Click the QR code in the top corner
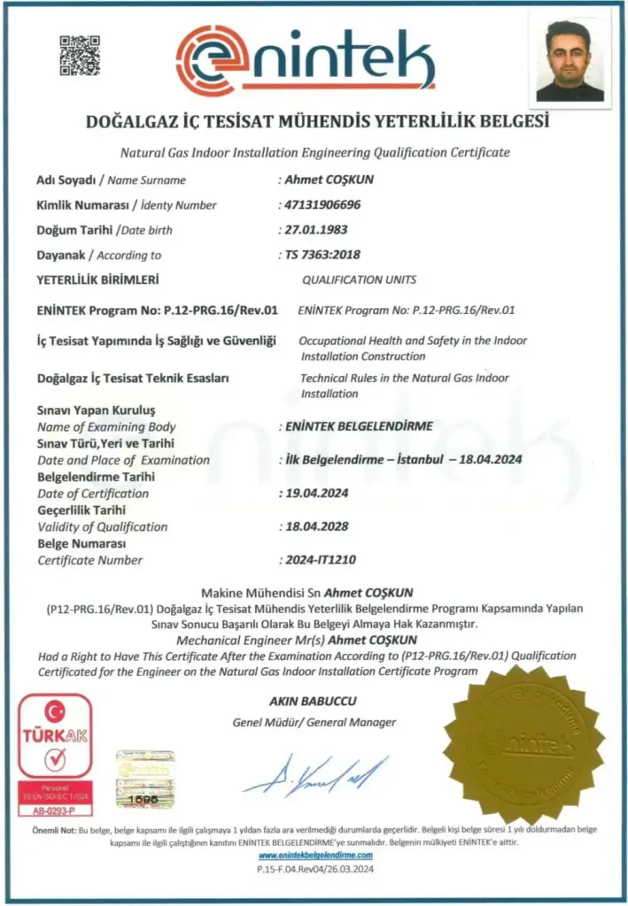point(80,55)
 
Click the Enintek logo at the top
point(306,58)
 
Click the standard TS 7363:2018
point(319,255)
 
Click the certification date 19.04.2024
point(315,493)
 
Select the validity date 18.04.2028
point(315,526)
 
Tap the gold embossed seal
point(523,742)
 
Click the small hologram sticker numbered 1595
point(144,779)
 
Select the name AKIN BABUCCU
point(313,702)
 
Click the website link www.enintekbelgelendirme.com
point(315,856)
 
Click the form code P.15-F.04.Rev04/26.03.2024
point(315,871)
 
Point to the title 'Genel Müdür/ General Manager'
point(314,722)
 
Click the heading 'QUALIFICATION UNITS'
point(359,280)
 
